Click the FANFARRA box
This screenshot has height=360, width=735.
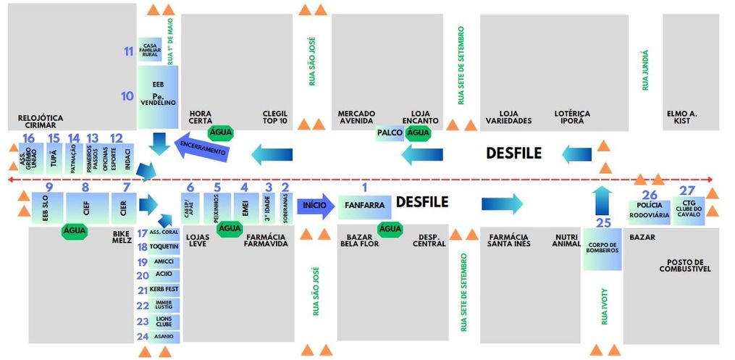(364, 206)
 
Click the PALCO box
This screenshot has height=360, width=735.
(390, 133)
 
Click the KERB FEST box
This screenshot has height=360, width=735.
(163, 290)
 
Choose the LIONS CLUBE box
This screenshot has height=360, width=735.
(163, 321)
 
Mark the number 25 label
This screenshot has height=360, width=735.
(603, 222)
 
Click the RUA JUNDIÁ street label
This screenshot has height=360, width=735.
(645, 70)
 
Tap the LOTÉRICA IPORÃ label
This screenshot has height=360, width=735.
(572, 117)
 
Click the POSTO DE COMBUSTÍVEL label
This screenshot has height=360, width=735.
(684, 265)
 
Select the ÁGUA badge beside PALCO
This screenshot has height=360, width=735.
(418, 133)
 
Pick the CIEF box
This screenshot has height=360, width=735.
(86, 209)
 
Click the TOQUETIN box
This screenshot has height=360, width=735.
(163, 247)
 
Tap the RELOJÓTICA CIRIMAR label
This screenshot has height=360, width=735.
(41, 122)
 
